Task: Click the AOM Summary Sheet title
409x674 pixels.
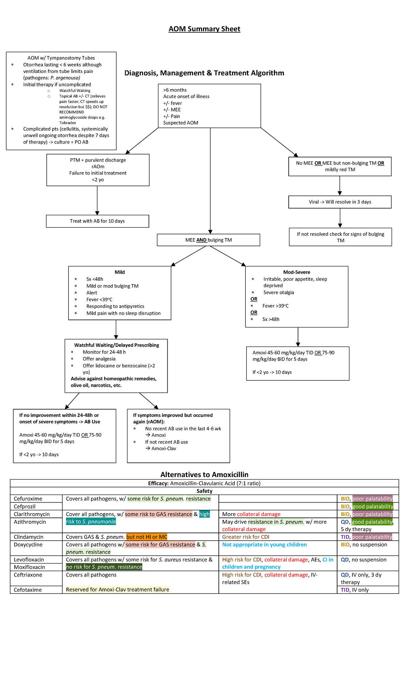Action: point(204,29)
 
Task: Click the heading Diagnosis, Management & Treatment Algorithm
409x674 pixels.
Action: point(204,73)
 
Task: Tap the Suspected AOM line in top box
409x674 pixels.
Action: point(181,123)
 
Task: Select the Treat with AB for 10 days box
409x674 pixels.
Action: point(97,221)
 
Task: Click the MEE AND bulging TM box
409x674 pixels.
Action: point(208,240)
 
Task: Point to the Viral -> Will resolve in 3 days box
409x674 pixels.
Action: point(340,202)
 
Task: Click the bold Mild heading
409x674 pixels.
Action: point(120,272)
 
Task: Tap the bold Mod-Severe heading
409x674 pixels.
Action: point(297,272)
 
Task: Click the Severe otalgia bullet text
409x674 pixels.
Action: point(278,292)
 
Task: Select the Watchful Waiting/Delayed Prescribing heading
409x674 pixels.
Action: point(117,345)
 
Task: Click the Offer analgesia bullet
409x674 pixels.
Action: point(99,359)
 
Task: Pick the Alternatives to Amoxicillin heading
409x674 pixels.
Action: point(204,474)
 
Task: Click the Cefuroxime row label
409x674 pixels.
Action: point(28,499)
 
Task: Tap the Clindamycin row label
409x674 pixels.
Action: point(29,537)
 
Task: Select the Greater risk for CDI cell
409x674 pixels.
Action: point(246,537)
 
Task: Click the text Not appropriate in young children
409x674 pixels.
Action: point(264,545)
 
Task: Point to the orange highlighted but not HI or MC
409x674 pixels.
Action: point(147,537)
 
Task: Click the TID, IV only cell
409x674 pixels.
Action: point(354,590)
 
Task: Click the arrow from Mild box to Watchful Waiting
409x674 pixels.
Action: point(116,329)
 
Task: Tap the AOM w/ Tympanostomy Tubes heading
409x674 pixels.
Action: point(61,58)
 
